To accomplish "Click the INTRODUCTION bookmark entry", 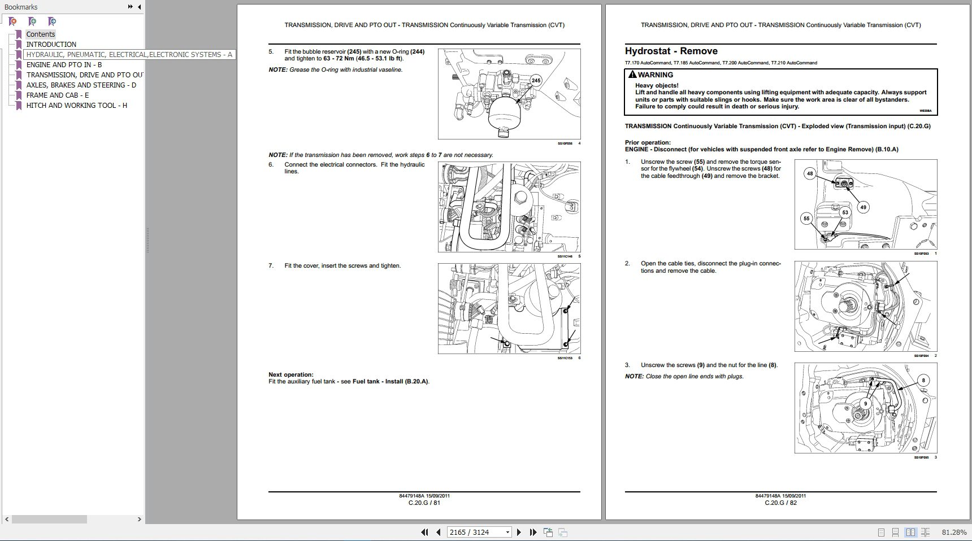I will click(51, 45).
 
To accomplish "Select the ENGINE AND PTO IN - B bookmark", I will click(64, 65).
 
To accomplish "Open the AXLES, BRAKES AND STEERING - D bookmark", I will click(81, 85).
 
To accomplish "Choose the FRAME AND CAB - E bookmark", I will click(57, 95).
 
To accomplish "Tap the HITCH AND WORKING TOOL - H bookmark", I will click(76, 106).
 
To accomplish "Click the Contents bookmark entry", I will click(40, 34).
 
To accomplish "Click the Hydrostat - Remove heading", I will click(671, 51).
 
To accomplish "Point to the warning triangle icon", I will click(632, 75).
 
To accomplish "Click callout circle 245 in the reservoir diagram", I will click(536, 80).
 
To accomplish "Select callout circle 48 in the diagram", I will click(810, 173).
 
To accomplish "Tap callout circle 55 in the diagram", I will click(806, 219).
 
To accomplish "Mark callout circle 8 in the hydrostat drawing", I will click(923, 380).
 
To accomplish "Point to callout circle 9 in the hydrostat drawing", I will click(865, 404).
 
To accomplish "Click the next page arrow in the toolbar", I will click(519, 532).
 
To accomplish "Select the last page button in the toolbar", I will click(533, 532).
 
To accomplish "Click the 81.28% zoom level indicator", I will click(954, 532).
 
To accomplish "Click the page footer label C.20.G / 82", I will click(780, 503).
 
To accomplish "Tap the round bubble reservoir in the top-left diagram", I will click(502, 114).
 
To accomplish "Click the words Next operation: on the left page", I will click(290, 374).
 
